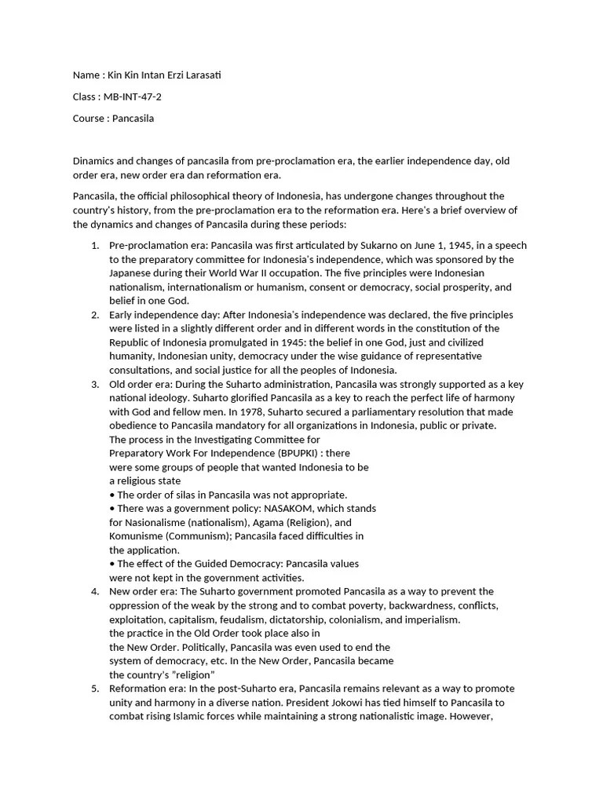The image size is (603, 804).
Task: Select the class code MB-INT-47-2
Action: click(x=133, y=97)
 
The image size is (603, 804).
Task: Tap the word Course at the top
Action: click(x=88, y=119)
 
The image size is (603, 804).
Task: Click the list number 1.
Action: click(x=94, y=246)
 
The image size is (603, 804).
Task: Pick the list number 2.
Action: click(x=94, y=315)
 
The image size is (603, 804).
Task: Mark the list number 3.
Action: click(x=94, y=384)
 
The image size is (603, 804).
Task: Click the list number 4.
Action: click(x=94, y=591)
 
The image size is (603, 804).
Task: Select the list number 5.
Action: click(x=94, y=689)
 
